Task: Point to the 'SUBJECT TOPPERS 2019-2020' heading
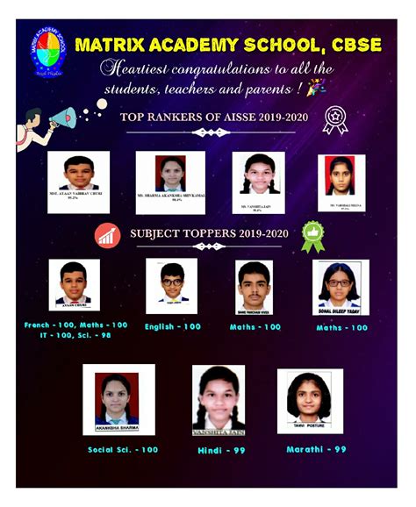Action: click(208, 234)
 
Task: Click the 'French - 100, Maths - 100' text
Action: click(75, 325)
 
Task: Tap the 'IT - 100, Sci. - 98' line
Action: click(75, 336)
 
